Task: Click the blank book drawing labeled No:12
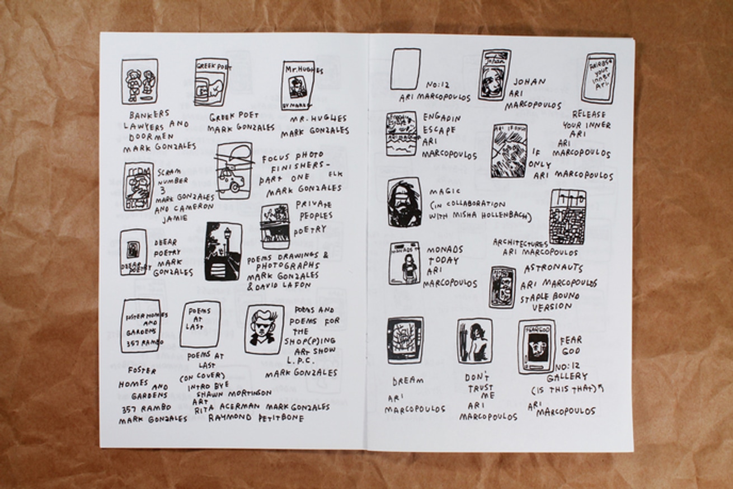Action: click(405, 69)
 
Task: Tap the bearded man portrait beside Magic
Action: click(404, 202)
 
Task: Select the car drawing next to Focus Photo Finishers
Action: click(234, 170)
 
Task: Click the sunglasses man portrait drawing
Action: click(264, 329)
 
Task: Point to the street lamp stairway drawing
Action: click(223, 251)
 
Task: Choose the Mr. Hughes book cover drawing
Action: click(297, 85)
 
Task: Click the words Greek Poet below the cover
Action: click(234, 116)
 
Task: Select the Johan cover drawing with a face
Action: click(494, 74)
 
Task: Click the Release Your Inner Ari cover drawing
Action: click(598, 78)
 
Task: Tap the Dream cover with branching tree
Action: click(405, 340)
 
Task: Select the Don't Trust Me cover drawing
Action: click(474, 341)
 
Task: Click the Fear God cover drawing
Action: click(536, 346)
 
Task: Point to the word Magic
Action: click(445, 191)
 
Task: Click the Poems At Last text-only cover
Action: click(200, 324)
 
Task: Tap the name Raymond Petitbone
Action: click(256, 418)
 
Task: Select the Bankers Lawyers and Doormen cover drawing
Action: click(139, 82)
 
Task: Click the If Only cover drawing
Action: click(509, 151)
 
